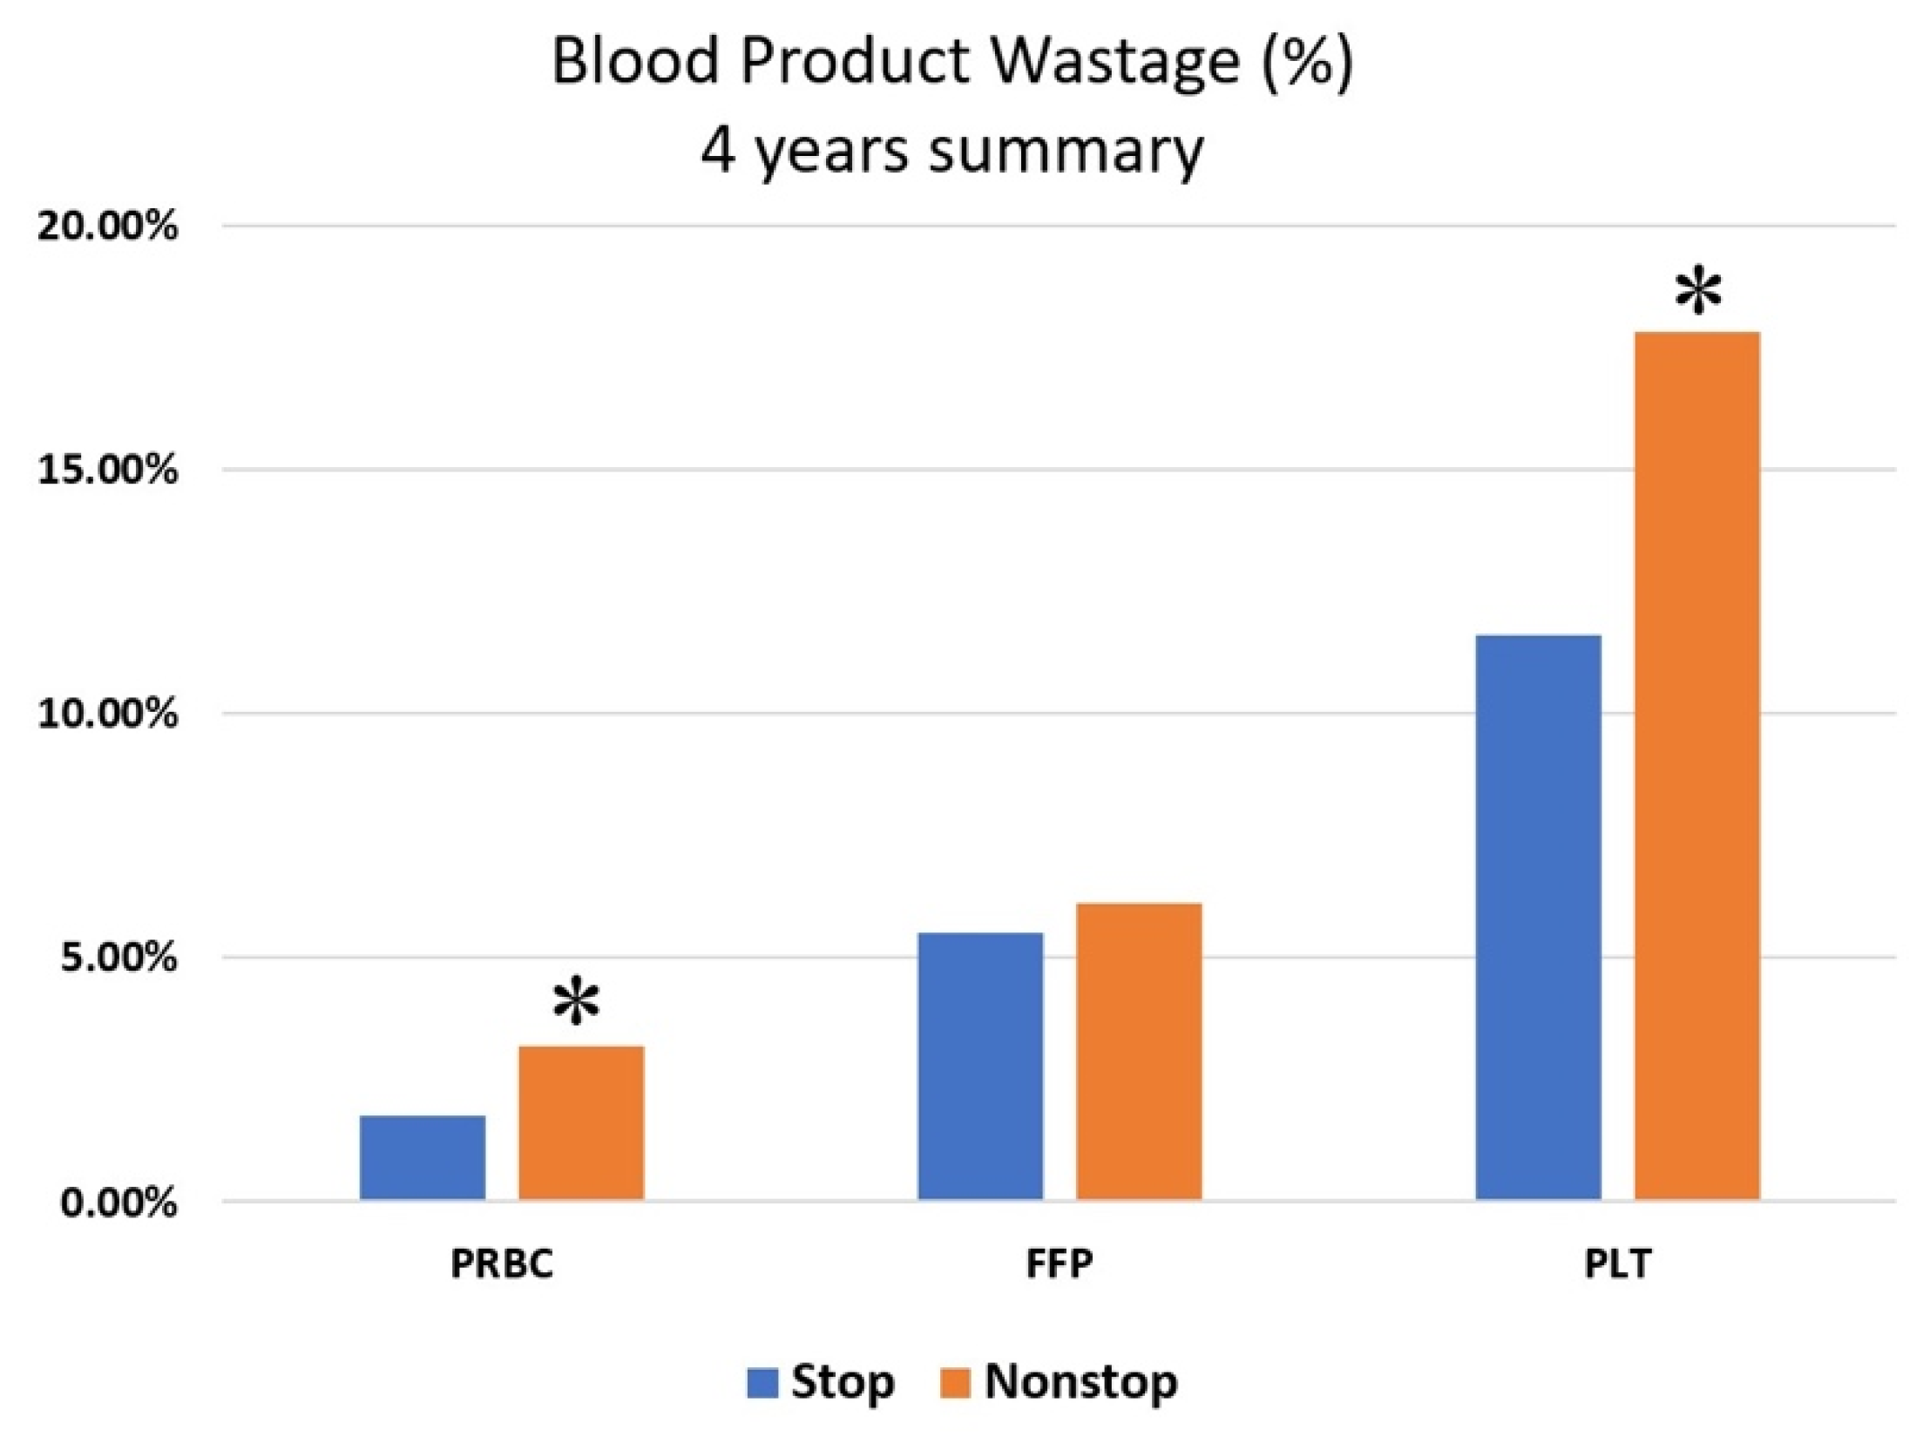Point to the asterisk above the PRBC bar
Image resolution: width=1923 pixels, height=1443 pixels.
point(577,1002)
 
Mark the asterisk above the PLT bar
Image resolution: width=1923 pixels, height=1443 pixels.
point(1698,295)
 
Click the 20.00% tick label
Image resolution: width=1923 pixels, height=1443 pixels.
point(107,227)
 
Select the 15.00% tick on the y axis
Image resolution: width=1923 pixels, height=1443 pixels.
point(107,471)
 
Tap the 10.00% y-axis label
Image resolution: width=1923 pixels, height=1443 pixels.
point(107,715)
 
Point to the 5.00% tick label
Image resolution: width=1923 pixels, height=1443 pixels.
point(118,959)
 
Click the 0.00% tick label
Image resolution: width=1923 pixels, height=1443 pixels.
point(118,1203)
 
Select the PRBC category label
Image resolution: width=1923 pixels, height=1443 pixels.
point(502,1264)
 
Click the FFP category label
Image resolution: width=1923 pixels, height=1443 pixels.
point(1059,1264)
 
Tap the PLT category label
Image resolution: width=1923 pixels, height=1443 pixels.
point(1617,1264)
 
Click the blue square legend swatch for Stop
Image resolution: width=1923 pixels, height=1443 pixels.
point(762,1383)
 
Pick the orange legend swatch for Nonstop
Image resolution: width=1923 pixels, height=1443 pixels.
point(955,1383)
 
